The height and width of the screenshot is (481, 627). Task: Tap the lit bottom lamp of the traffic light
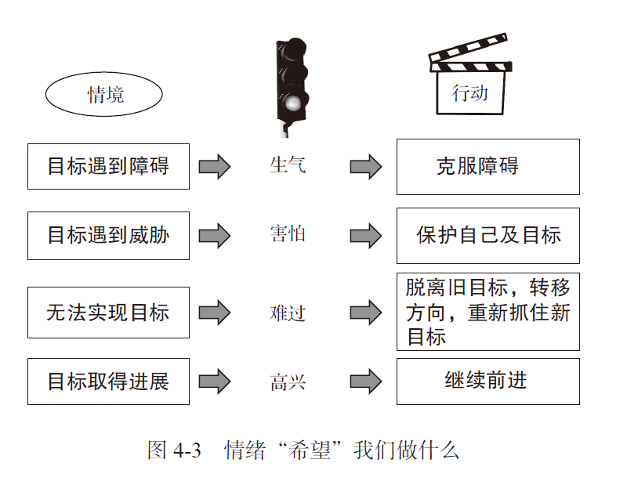coord(293,103)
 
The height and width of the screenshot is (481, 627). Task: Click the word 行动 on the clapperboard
coord(469,93)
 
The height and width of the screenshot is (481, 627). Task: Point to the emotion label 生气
coord(288,165)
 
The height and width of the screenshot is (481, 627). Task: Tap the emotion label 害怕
coord(288,233)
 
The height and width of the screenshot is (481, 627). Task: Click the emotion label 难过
coord(288,313)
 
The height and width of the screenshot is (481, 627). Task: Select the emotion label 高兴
coord(288,382)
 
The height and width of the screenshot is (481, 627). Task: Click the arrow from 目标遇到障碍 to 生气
coord(215,166)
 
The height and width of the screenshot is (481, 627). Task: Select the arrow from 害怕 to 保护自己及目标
coord(366,236)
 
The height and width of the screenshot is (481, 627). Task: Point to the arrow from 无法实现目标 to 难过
coord(215,313)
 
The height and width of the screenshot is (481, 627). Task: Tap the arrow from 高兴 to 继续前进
coord(366,382)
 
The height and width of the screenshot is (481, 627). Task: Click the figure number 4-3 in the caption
coord(187,450)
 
